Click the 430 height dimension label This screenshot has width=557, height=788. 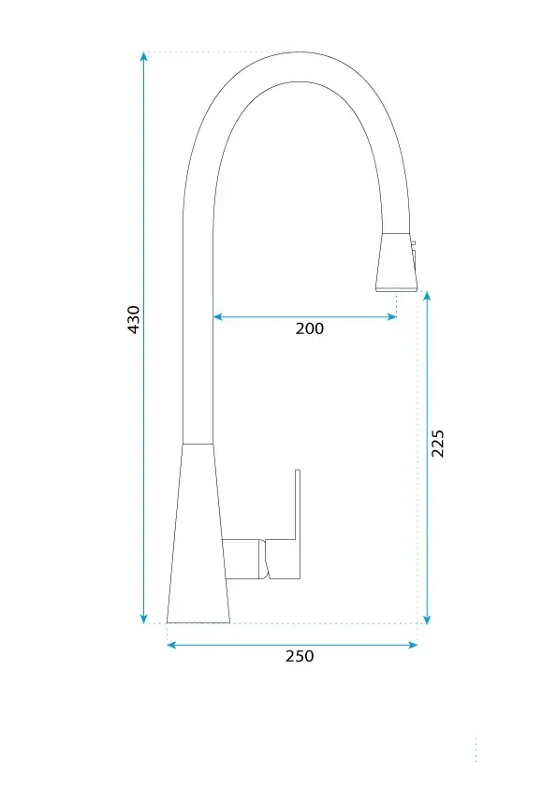coord(134,319)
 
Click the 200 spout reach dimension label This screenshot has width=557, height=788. coord(309,328)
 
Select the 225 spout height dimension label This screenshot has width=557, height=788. coord(437,444)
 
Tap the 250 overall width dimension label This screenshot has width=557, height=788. coord(300,656)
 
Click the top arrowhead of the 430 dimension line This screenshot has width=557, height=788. coord(144,56)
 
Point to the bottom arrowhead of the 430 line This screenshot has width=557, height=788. coord(144,618)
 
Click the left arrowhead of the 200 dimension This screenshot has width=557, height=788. coord(218,317)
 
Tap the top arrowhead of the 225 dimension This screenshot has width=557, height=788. coord(427,296)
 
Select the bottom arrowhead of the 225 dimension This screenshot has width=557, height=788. coord(427,618)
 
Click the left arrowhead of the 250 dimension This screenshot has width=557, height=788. coord(172,644)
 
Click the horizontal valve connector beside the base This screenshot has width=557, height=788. coord(243,559)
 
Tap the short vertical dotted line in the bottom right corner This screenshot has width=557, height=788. coord(476,749)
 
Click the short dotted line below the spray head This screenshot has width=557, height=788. coord(397,303)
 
